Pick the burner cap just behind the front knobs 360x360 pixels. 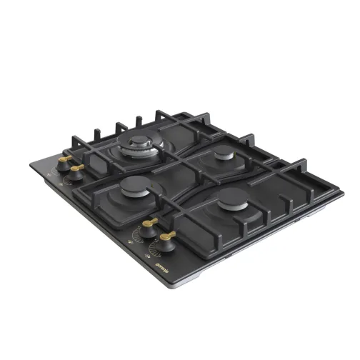pos(135,187)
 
